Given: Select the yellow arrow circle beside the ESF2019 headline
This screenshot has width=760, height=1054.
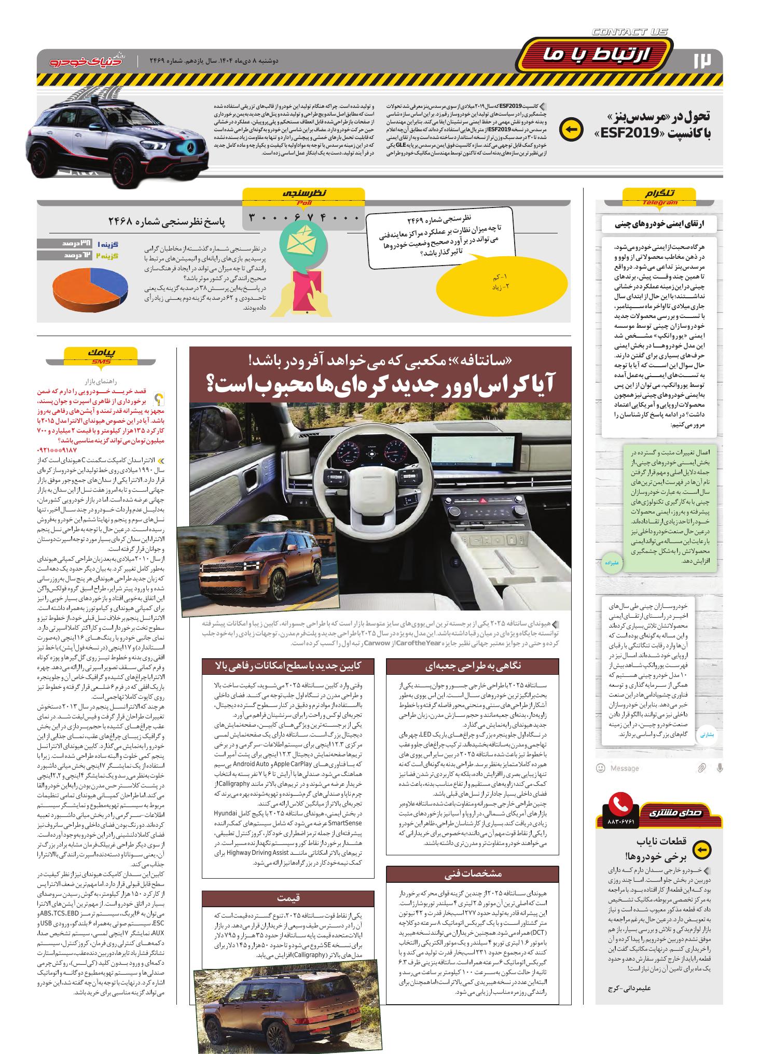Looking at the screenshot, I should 571,130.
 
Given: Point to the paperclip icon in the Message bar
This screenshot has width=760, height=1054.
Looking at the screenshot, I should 701,768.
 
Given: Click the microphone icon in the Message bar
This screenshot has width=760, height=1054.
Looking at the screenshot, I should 720,768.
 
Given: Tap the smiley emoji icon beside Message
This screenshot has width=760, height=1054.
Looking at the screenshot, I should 601,768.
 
